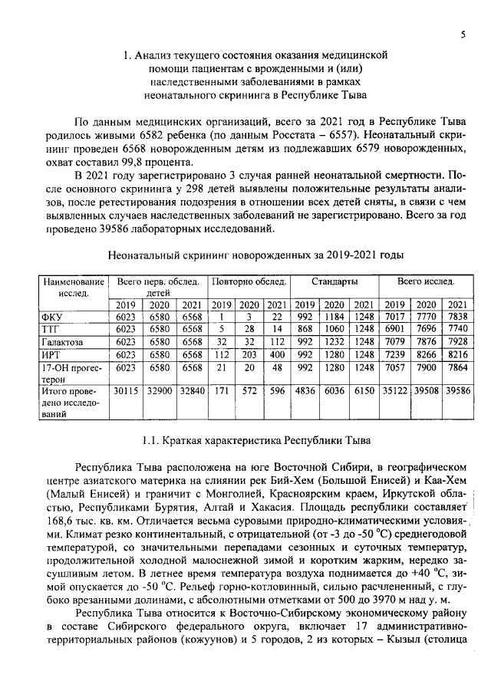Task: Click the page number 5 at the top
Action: (464, 35)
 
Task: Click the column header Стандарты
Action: (334, 282)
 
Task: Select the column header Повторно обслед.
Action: (249, 282)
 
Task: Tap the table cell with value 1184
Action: (334, 316)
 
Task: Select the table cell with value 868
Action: (305, 328)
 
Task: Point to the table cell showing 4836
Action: (305, 390)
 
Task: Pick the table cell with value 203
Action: (249, 354)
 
